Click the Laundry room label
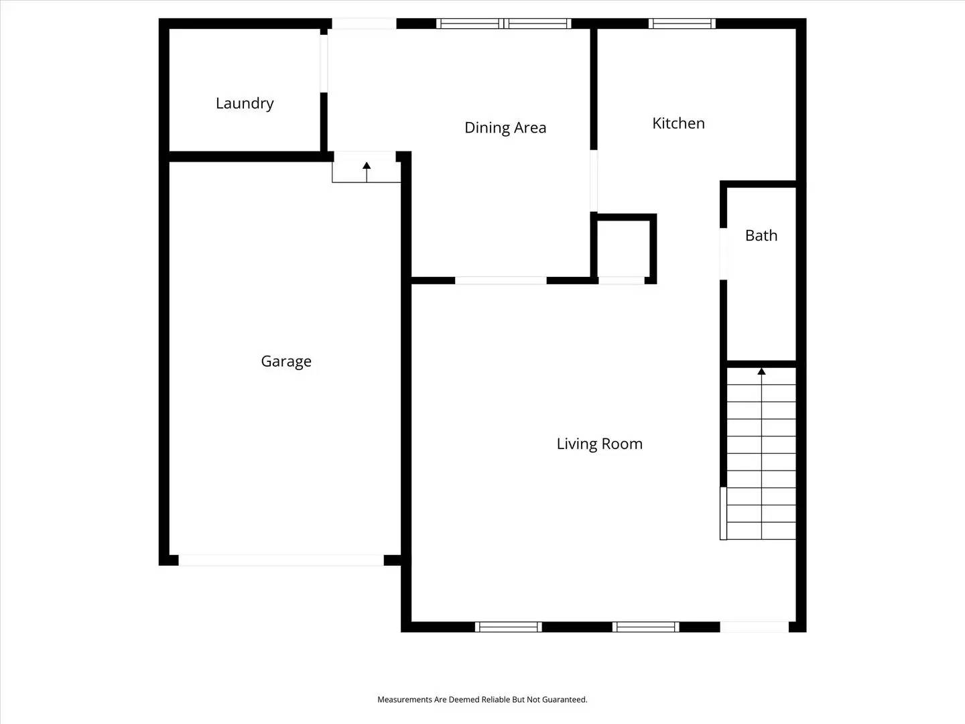coord(245,103)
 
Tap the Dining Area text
coord(505,127)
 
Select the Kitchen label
coord(678,123)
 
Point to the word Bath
coord(761,235)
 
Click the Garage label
coord(286,361)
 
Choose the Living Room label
coord(599,444)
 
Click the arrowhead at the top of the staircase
coord(761,371)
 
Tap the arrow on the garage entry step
coord(367,166)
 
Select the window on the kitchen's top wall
coord(682,24)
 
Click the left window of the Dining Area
coord(468,24)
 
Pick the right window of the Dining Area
coord(538,24)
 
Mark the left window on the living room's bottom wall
coord(509,627)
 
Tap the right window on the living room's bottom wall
coord(646,627)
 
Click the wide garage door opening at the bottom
coord(281,560)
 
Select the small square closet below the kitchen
coord(623,246)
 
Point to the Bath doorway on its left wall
coord(724,253)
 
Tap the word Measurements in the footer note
coord(405,699)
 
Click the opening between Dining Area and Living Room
coord(501,280)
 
